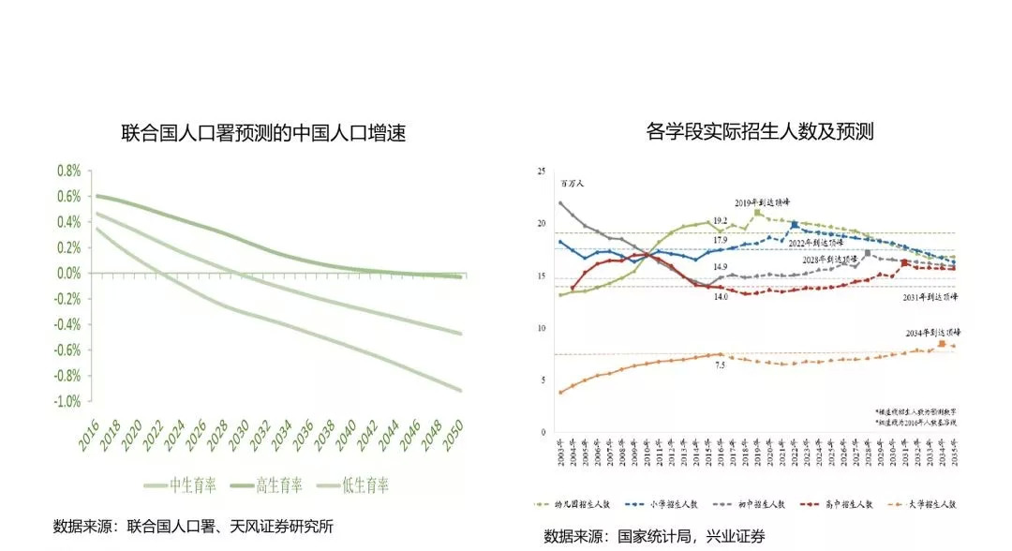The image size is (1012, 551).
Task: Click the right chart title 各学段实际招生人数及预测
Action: (760, 131)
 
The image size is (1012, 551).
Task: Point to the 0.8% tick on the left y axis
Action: (68, 171)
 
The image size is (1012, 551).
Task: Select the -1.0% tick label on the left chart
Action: (66, 401)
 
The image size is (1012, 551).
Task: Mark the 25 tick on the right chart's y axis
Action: (542, 171)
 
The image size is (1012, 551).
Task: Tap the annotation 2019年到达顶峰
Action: (762, 202)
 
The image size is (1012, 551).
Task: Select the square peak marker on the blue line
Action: (795, 225)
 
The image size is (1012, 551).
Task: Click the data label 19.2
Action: (720, 221)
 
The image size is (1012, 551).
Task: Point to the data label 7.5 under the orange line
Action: (720, 365)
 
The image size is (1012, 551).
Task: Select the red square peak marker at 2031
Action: (904, 264)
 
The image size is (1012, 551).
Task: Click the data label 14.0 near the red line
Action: (720, 296)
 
